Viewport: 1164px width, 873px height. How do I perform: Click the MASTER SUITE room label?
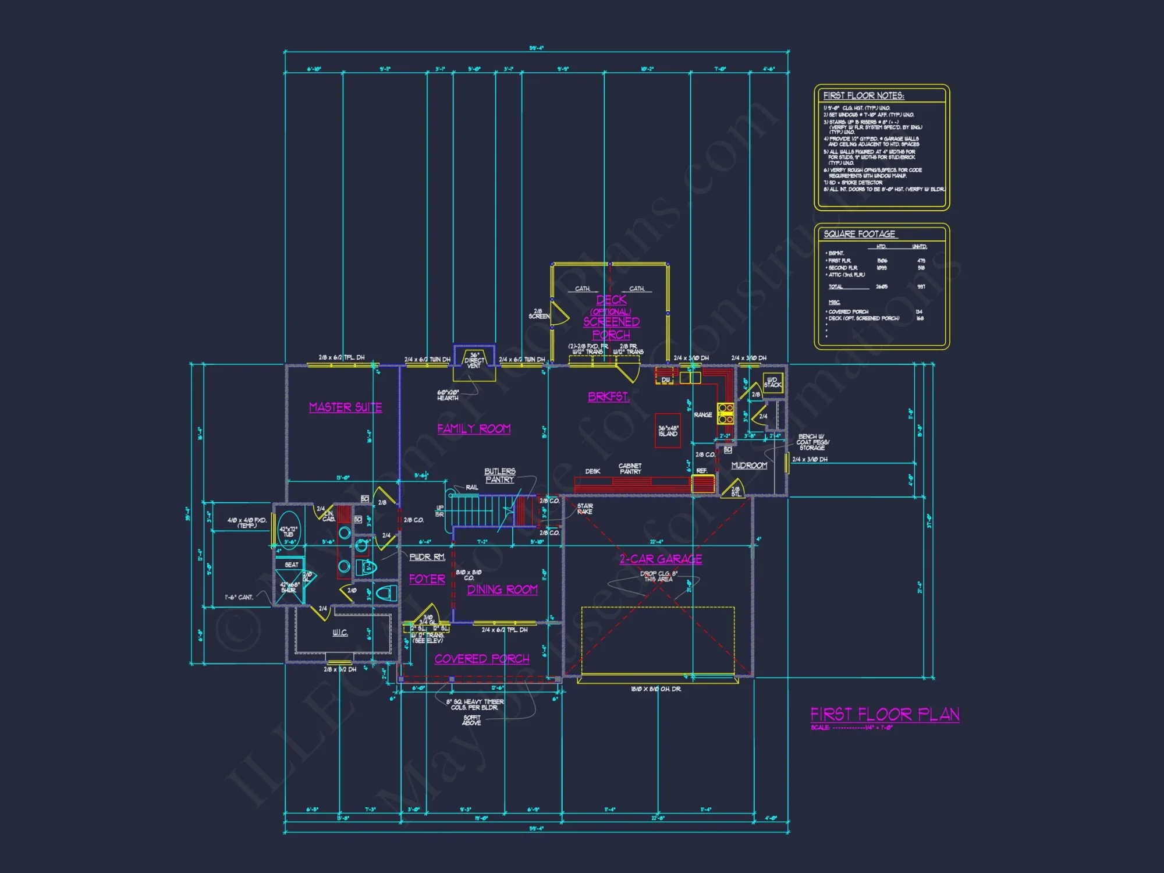click(x=345, y=407)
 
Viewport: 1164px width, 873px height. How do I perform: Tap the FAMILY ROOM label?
click(x=474, y=429)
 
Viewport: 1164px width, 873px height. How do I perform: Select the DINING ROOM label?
click(x=502, y=590)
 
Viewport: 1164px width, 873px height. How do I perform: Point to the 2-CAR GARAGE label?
click(x=661, y=559)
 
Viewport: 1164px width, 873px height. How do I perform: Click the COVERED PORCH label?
click(x=482, y=659)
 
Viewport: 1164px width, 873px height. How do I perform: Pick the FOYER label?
click(x=427, y=579)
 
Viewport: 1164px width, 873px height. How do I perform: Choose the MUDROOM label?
click(x=749, y=466)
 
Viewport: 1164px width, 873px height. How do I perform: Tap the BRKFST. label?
click(x=608, y=397)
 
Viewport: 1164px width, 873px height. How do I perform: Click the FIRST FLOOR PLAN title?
click(x=885, y=714)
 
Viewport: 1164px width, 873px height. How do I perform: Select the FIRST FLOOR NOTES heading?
click(x=864, y=95)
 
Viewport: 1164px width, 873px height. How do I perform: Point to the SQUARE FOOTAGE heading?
click(x=860, y=234)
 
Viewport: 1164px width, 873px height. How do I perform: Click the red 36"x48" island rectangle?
click(x=668, y=431)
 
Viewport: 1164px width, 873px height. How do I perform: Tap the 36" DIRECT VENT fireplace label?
click(x=474, y=360)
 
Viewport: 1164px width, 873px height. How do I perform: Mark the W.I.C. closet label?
click(x=340, y=633)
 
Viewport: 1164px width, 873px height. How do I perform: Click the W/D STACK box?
click(x=773, y=382)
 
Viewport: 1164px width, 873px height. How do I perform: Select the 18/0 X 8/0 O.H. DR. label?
click(x=656, y=689)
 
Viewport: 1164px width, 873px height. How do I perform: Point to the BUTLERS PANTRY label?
click(x=499, y=475)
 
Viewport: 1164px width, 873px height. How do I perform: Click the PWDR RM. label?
click(x=427, y=557)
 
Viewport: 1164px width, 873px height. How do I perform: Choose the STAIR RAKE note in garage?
click(x=585, y=509)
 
